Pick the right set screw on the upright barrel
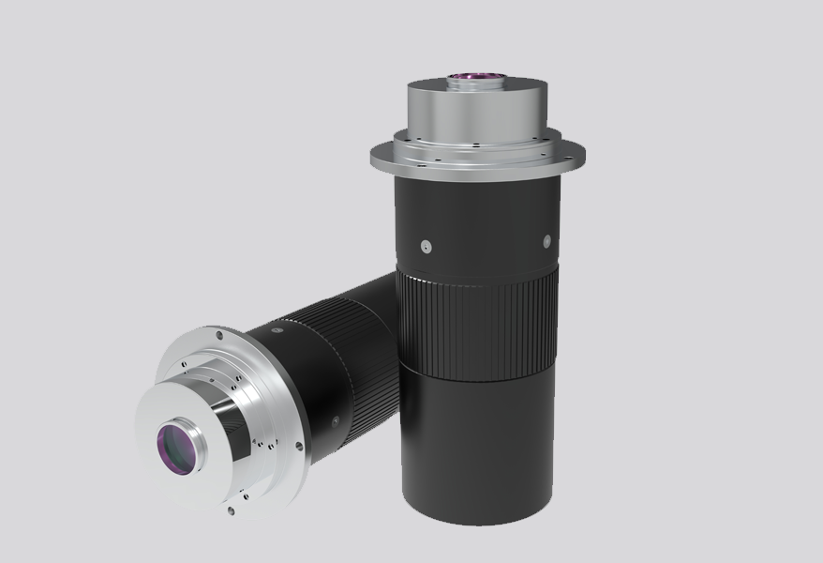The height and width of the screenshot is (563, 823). coord(545,242)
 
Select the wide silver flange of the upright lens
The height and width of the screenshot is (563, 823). coord(394,160)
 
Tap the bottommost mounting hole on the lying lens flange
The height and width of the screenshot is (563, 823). coord(231,511)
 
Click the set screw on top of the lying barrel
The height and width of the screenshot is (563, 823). coord(277,330)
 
